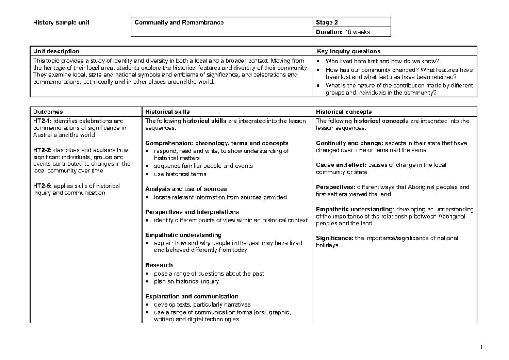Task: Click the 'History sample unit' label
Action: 61,22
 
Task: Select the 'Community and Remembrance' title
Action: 179,22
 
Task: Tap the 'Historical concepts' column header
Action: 344,112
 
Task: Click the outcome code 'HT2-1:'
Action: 42,121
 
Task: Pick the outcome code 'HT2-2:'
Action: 42,150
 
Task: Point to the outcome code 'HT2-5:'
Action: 42,186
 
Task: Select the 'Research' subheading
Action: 159,265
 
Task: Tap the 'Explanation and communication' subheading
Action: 192,296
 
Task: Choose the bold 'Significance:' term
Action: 335,238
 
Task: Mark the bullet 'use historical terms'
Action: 180,174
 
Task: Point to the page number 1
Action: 481,349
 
